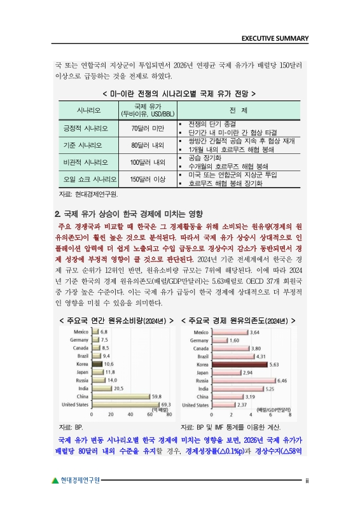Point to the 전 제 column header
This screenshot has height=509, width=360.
[239, 109]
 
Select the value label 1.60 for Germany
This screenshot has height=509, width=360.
[234, 340]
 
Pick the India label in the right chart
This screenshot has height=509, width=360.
[204, 388]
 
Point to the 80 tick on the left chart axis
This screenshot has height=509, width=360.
[169, 415]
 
